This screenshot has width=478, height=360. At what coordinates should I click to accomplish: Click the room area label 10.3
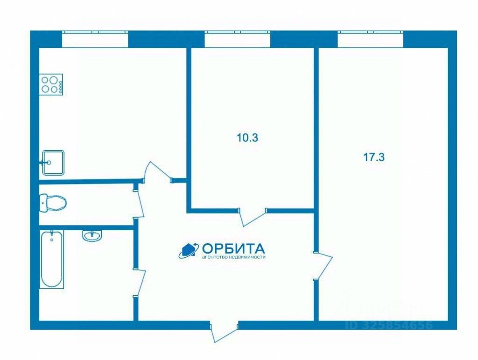click(x=248, y=138)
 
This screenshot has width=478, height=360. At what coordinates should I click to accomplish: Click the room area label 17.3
click(x=373, y=157)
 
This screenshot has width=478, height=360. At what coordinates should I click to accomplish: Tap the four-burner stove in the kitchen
click(x=51, y=85)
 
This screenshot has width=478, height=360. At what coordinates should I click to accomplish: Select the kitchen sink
click(x=53, y=162)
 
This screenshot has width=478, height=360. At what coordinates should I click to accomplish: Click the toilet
click(x=54, y=203)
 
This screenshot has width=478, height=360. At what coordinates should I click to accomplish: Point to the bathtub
click(x=51, y=260)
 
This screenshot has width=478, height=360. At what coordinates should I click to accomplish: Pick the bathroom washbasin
click(x=92, y=235)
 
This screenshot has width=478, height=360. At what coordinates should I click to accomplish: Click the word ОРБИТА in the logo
click(x=233, y=248)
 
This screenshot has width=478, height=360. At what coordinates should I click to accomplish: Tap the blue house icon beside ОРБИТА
click(x=189, y=250)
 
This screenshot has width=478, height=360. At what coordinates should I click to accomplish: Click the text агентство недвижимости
click(x=233, y=257)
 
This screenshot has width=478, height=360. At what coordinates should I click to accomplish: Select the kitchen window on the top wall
click(x=95, y=39)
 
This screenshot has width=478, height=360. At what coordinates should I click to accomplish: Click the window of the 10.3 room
click(x=237, y=39)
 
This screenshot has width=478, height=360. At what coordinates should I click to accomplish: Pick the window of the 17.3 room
click(x=370, y=39)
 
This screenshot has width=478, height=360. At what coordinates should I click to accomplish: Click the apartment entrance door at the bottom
click(x=224, y=331)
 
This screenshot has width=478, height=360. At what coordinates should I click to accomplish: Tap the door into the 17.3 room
click(x=323, y=266)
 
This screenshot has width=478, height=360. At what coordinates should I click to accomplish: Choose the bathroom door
click(x=140, y=282)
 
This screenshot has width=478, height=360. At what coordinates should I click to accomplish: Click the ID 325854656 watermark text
click(x=389, y=325)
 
